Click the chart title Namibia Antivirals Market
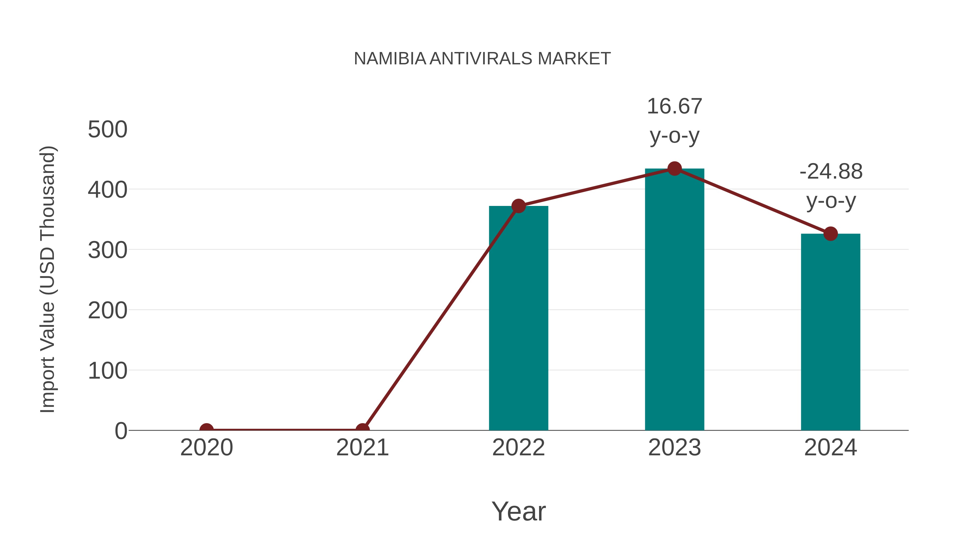pyautogui.click(x=482, y=59)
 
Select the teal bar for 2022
pyautogui.click(x=518, y=319)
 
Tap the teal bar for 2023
pyautogui.click(x=674, y=300)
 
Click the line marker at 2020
pyautogui.click(x=206, y=430)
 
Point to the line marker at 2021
pyautogui.click(x=362, y=430)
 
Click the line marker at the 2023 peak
pyautogui.click(x=674, y=169)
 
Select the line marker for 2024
pyautogui.click(x=830, y=234)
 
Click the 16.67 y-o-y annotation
pyautogui.click(x=674, y=121)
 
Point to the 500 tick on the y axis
pyautogui.click(x=107, y=130)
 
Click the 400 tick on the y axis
pyautogui.click(x=107, y=190)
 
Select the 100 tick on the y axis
pyautogui.click(x=107, y=371)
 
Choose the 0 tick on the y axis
pyautogui.click(x=121, y=431)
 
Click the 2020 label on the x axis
pyautogui.click(x=206, y=448)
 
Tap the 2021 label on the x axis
pyautogui.click(x=362, y=448)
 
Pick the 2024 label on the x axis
pyautogui.click(x=830, y=448)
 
